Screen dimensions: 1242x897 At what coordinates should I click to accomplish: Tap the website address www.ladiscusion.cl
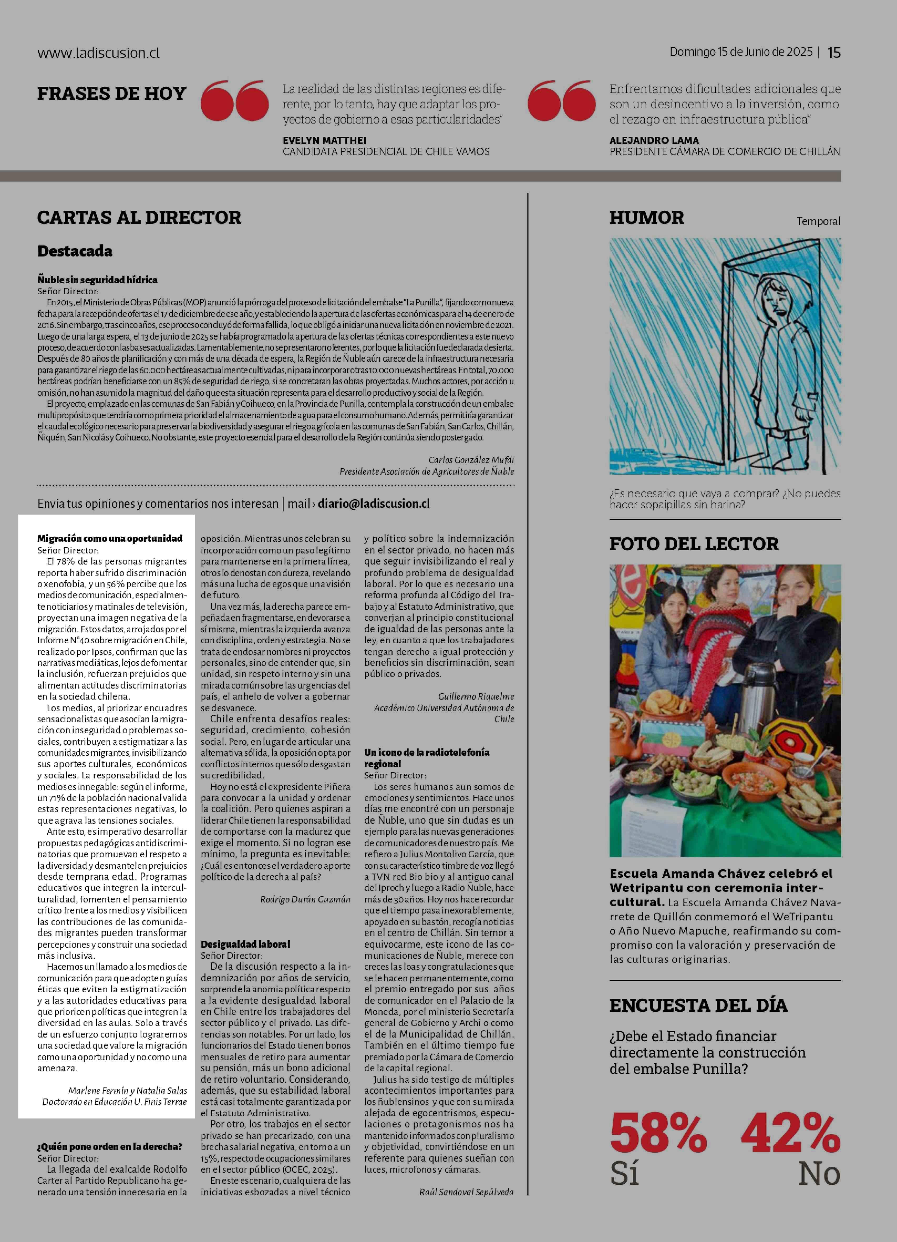[x=99, y=53]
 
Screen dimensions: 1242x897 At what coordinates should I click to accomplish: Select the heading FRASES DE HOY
[x=112, y=94]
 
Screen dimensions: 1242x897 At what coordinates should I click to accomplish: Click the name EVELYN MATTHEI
[x=324, y=140]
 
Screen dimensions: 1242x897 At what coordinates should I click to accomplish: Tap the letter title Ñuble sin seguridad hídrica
[x=97, y=280]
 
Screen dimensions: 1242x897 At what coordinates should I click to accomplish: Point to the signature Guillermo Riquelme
[x=476, y=697]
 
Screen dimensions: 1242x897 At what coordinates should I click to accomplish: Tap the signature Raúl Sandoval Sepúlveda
[x=467, y=1192]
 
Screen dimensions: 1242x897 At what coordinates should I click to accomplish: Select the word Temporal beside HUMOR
[x=818, y=221]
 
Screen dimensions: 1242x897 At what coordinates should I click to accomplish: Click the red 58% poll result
[x=658, y=1133]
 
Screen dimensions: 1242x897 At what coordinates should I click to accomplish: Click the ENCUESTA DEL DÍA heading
[x=698, y=1005]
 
